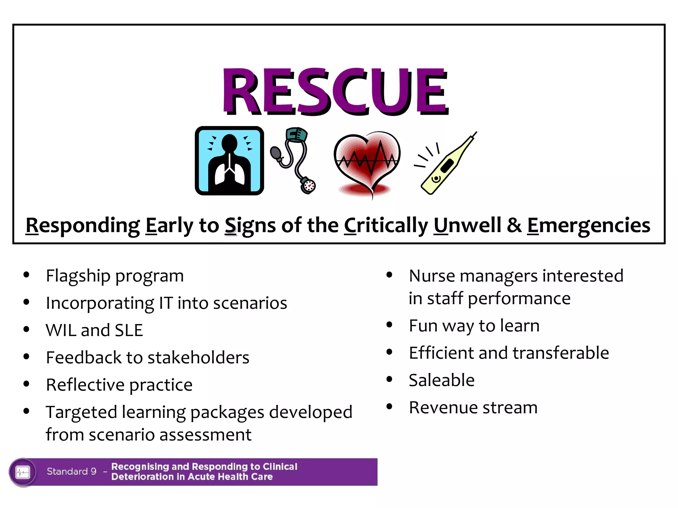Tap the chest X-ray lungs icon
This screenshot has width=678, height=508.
point(229,161)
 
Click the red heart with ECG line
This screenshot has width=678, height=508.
point(367,162)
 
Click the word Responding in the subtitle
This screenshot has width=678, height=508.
point(83,226)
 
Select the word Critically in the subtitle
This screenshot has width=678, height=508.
point(386,226)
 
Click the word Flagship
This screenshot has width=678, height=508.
point(78,276)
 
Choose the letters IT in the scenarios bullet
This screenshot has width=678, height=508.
point(166,303)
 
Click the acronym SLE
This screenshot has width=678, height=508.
point(128,330)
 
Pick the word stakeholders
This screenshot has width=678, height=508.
point(198,358)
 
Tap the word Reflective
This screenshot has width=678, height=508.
point(85,385)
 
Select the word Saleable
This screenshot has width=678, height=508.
point(442,380)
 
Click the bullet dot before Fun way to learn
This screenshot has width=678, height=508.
point(389,325)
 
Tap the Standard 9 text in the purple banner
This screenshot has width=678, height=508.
point(72,471)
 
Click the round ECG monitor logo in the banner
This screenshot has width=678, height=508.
point(23,472)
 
